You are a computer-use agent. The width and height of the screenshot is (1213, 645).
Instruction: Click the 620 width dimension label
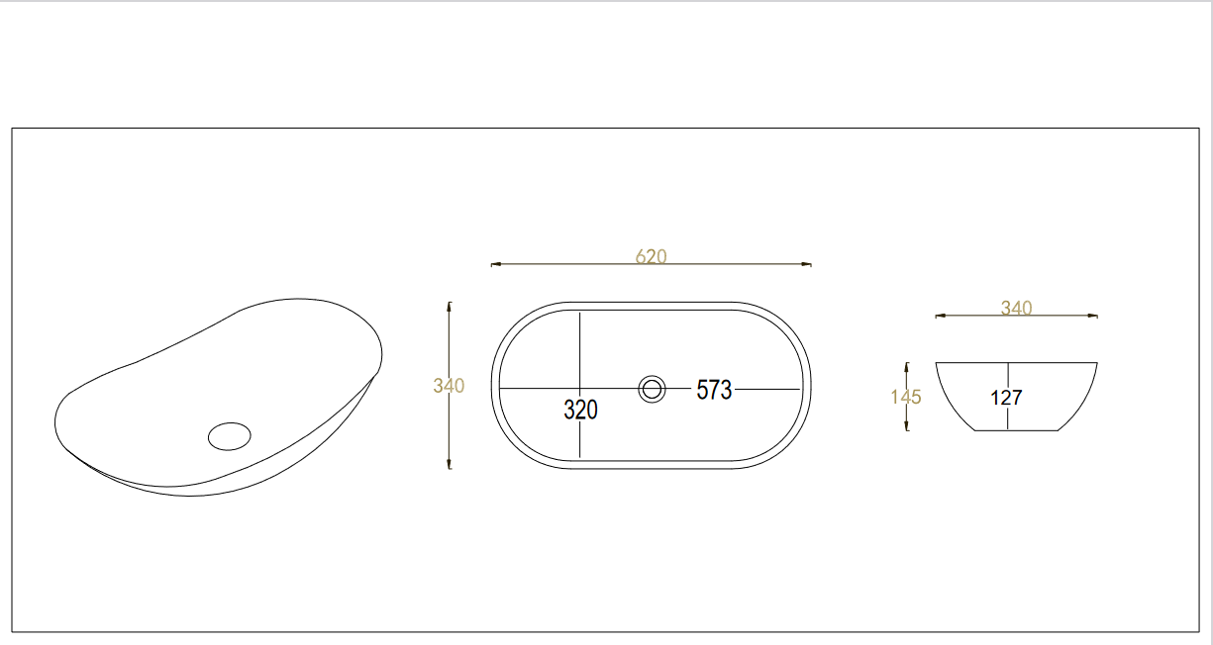pos(651,256)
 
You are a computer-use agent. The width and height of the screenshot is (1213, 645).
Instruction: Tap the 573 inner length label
pos(714,390)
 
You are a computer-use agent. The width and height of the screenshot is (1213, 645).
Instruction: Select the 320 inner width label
pos(580,410)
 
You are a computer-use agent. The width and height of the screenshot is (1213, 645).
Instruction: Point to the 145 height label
pos(906,397)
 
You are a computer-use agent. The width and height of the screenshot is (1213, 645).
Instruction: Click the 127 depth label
pos(1006,398)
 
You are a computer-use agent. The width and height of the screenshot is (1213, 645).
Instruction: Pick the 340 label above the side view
pos(1016,308)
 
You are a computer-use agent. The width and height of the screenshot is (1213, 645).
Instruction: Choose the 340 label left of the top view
pos(449,385)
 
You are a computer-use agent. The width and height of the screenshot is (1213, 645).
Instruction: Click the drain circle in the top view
pos(652,389)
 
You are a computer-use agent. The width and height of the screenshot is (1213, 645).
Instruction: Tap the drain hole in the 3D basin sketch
pos(230,436)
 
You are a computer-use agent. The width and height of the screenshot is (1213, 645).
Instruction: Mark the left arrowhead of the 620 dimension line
pos(495,264)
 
